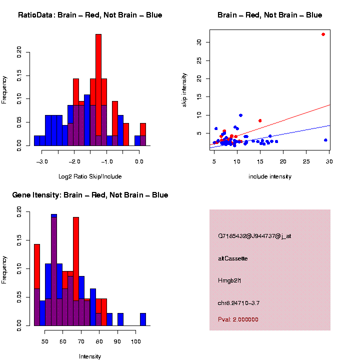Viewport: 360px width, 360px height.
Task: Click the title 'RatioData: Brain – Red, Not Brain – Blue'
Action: (x=90, y=15)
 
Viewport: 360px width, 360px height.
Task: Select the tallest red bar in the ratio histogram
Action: (x=98, y=90)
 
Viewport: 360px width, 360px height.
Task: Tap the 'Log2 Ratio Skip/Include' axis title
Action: (x=90, y=176)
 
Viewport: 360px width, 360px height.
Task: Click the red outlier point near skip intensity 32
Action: (x=323, y=34)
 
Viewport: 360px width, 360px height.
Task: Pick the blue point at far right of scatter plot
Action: (x=325, y=140)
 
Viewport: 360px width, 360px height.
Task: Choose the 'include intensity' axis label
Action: (x=270, y=176)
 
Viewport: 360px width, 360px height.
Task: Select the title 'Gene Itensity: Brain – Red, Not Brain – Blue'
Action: (x=90, y=195)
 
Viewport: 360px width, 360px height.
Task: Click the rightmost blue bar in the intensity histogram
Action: (x=143, y=319)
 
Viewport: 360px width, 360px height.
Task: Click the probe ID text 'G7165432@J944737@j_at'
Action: (x=254, y=236)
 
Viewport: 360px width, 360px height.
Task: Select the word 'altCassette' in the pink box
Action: (x=233, y=258)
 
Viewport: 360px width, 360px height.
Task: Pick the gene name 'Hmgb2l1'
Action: (x=229, y=280)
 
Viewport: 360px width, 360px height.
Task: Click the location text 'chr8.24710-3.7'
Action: (x=239, y=303)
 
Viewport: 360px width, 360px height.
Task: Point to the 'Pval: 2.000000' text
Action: (x=238, y=319)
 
